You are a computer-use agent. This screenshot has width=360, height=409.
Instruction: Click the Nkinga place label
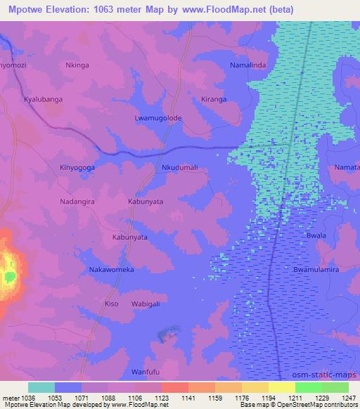coord(77,65)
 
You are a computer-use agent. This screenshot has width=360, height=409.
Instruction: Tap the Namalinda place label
coord(247,65)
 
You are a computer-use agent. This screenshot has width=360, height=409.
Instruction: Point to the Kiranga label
coord(214,100)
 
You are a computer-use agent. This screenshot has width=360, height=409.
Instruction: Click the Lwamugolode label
coord(158,118)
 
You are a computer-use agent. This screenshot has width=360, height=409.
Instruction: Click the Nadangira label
coord(77,201)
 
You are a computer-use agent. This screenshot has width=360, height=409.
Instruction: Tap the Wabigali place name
coord(146,304)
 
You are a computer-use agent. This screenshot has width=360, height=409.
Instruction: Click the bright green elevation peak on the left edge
coord(8,276)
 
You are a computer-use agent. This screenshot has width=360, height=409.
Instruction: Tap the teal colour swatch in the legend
coord(41,387)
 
